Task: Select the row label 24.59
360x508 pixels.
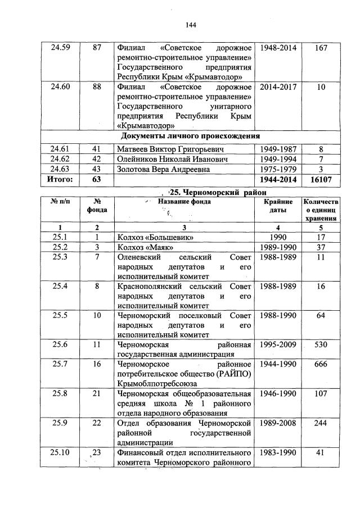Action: [x=60, y=48]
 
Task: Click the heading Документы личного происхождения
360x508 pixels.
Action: [x=190, y=137]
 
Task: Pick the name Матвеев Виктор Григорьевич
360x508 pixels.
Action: [x=170, y=149]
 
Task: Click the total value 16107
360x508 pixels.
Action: [x=321, y=179]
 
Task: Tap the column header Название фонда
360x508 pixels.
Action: [x=184, y=202]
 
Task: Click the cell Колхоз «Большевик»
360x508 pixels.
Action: [x=152, y=238]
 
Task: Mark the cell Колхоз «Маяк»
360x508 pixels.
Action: [x=145, y=247]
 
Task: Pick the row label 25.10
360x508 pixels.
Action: [x=60, y=453]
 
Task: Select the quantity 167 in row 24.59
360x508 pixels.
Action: [x=321, y=48]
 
